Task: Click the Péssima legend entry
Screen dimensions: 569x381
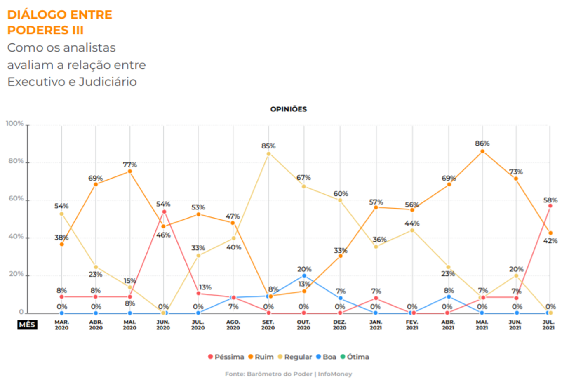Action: click(226, 357)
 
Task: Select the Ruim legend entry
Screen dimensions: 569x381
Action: click(261, 357)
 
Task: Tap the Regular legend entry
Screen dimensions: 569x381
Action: click(295, 357)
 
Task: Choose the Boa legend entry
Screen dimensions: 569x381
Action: click(326, 357)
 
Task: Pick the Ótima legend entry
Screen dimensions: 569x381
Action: click(355, 357)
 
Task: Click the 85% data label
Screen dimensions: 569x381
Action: click(268, 146)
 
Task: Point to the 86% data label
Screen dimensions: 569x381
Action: click(482, 143)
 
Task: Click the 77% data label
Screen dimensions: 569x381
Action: click(130, 165)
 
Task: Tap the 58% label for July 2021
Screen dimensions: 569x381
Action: click(550, 200)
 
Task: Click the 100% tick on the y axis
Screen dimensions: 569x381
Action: click(15, 123)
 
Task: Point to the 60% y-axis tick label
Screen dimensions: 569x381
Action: click(16, 198)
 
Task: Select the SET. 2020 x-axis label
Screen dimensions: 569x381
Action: click(268, 325)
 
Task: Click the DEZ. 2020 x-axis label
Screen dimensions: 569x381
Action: click(340, 325)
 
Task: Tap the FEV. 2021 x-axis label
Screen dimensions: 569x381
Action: click(412, 325)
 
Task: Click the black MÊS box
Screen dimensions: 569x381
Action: click(28, 325)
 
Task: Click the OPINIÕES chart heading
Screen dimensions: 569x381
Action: click(289, 109)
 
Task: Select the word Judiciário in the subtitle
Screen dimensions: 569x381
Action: click(108, 82)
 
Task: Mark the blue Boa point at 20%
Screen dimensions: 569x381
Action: click(304, 275)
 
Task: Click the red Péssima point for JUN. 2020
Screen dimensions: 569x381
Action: click(164, 212)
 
